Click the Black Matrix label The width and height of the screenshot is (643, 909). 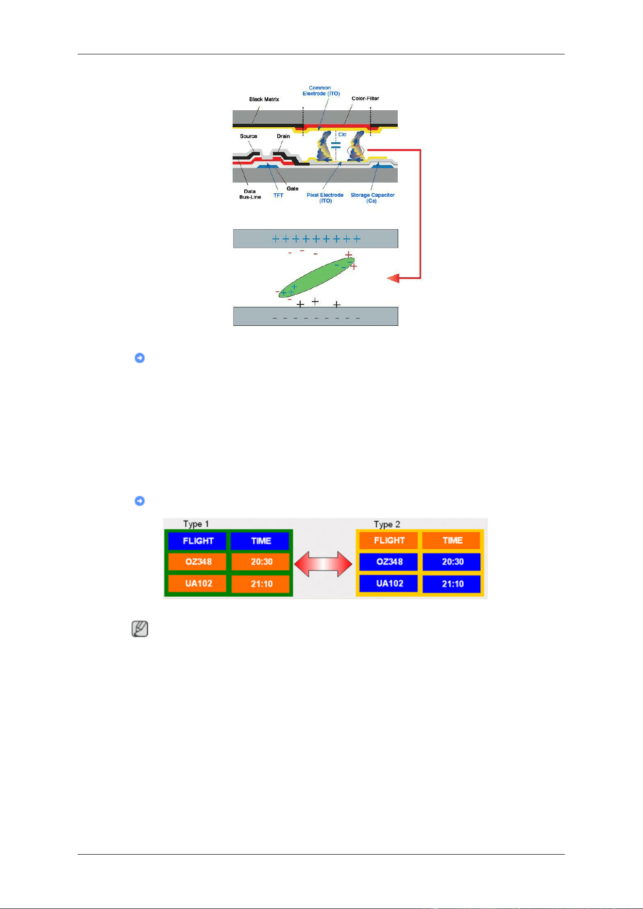(x=264, y=99)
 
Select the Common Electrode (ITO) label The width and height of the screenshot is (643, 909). (x=321, y=91)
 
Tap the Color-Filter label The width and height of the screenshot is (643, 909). (x=365, y=98)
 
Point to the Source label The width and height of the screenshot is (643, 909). (x=248, y=136)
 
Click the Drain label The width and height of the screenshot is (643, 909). (x=283, y=136)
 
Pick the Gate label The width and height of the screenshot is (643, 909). (x=292, y=188)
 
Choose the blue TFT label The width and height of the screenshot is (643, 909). (x=278, y=195)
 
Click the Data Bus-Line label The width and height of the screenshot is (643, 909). (x=250, y=194)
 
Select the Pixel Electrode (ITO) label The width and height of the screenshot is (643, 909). (x=325, y=198)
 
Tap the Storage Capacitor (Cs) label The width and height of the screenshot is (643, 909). (x=372, y=198)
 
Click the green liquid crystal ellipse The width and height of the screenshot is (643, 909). (x=316, y=277)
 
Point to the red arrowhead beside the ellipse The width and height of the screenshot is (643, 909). (x=393, y=278)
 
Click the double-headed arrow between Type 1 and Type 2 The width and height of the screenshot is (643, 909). (x=323, y=564)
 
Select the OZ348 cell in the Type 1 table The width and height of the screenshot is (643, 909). (x=198, y=562)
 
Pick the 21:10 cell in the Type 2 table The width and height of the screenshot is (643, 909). (x=452, y=584)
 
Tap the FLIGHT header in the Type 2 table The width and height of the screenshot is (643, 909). (x=389, y=540)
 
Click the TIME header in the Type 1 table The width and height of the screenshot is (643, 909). (x=260, y=541)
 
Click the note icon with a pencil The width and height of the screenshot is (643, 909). (x=140, y=629)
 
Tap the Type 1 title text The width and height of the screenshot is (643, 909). (x=196, y=524)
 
